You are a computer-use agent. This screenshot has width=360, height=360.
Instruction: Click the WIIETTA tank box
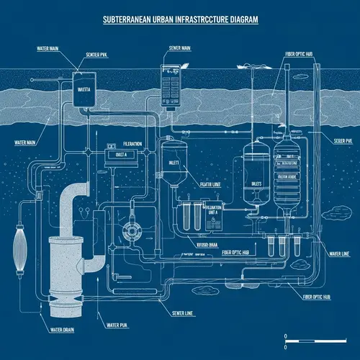click(85, 91)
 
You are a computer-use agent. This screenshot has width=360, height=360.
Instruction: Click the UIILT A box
click(116, 154)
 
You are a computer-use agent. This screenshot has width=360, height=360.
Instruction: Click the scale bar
click(316, 337)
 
